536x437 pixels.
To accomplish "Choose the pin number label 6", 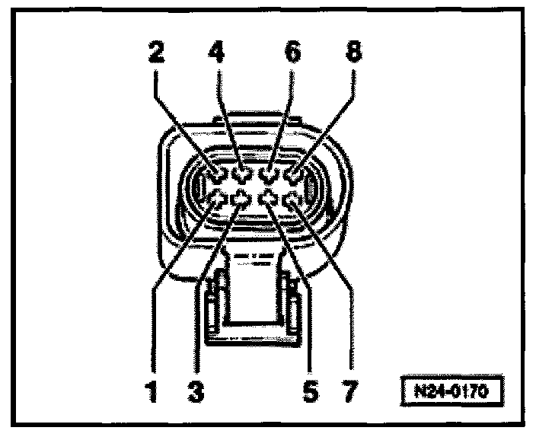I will pos(292,53).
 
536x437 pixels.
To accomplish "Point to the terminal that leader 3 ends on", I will pos(242,199).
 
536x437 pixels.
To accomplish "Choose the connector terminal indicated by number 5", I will pos(268,199).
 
